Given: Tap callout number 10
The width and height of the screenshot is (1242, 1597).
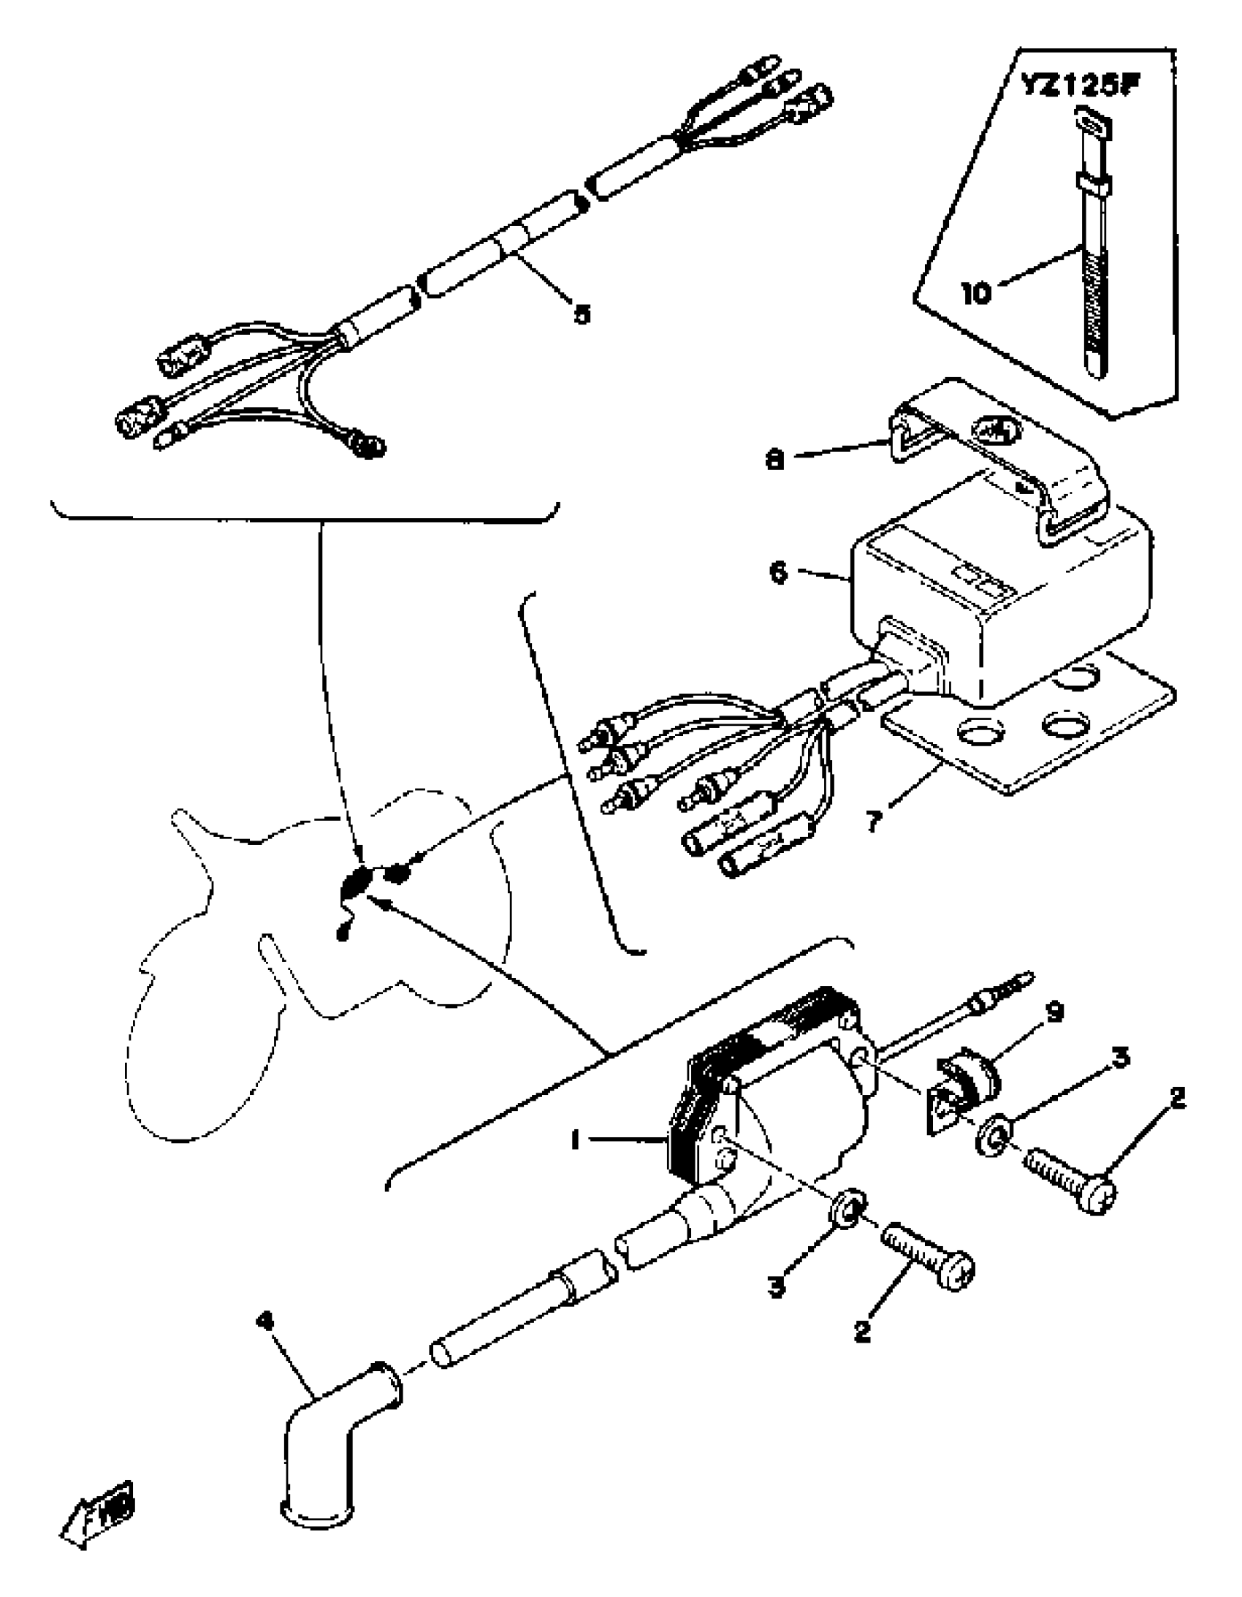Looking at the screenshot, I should [x=977, y=293].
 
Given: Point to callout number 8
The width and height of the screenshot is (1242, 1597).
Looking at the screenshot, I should [x=775, y=460].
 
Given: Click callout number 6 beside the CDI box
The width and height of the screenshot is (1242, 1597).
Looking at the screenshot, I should [x=780, y=572].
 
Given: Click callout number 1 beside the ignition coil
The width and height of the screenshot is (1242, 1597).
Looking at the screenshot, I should [x=575, y=1140].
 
